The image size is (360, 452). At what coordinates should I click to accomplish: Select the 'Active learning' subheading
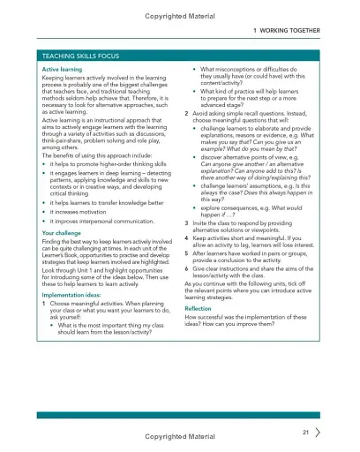63,68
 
